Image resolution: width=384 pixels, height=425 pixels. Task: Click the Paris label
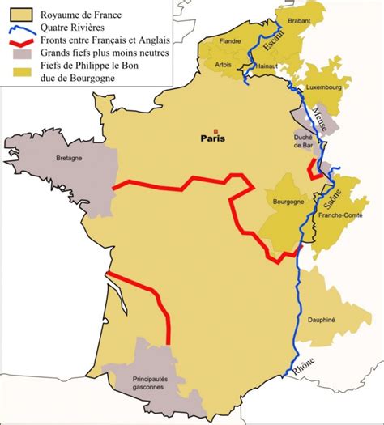pyautogui.click(x=211, y=138)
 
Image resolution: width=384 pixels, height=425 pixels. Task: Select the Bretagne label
pyautogui.click(x=70, y=159)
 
